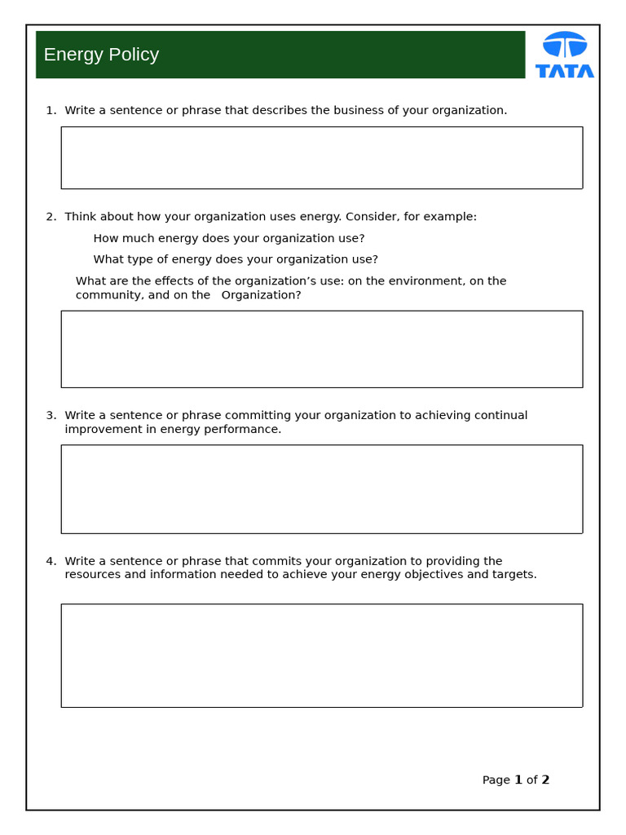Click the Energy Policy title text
[x=101, y=55]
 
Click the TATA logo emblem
[x=565, y=44]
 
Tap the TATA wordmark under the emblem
[x=565, y=71]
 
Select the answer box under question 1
[x=321, y=157]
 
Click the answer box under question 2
[x=321, y=349]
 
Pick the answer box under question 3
[x=321, y=489]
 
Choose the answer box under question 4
[x=321, y=656]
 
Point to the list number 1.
[x=50, y=110]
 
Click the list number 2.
[x=50, y=217]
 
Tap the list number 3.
[x=50, y=416]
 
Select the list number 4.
[x=50, y=561]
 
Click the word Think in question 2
[x=80, y=217]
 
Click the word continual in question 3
[x=500, y=416]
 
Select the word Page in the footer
[x=496, y=780]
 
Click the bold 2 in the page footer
[x=545, y=780]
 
